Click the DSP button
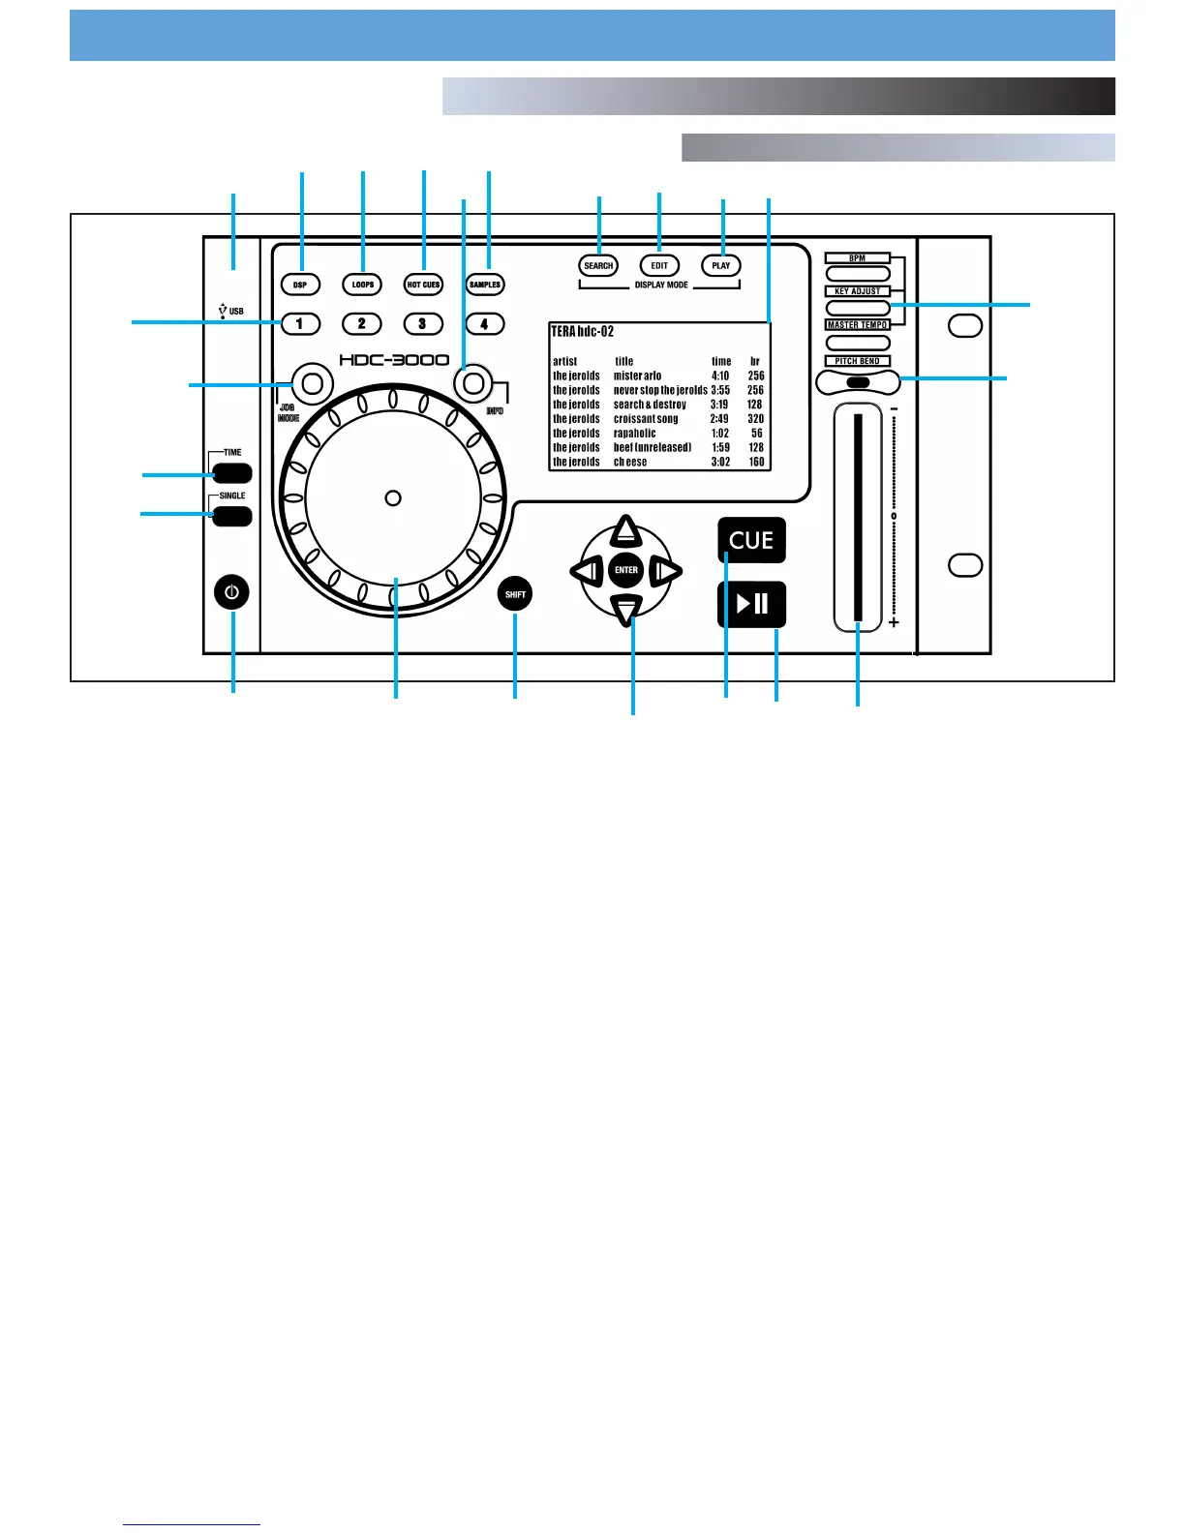point(300,285)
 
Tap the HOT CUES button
point(423,285)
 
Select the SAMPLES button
point(485,285)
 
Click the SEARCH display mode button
point(598,265)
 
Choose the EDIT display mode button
point(659,265)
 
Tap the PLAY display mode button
point(721,265)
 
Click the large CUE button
point(751,540)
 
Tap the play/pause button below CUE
point(751,604)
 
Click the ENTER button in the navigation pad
point(626,570)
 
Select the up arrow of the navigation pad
point(626,529)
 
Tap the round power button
point(232,591)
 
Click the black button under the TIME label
point(232,473)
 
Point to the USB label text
point(236,312)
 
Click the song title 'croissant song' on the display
point(646,419)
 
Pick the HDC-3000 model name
point(394,360)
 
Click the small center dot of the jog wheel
point(393,497)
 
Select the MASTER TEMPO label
point(858,325)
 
